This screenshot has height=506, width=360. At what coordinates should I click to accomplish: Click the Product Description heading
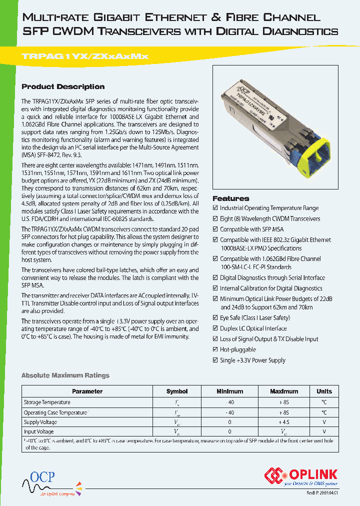pos(63,86)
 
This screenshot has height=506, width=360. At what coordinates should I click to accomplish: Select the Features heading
pos(231,198)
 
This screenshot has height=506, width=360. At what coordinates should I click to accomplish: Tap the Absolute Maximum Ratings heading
pos(65,375)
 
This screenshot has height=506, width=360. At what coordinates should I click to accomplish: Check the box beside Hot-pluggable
pos(215,349)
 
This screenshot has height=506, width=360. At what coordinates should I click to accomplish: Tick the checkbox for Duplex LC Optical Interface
pos(215,328)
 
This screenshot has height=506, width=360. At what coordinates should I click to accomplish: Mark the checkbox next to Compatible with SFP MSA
pos(215,229)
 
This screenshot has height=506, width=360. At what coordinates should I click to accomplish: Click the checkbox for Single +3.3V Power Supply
pos(215,360)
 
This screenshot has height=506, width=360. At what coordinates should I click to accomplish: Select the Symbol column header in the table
pos(177,391)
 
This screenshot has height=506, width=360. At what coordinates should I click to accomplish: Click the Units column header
pos(324,391)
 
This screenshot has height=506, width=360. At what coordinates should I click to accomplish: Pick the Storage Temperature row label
pos(47,402)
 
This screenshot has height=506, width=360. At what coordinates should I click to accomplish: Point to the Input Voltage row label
pos(39,431)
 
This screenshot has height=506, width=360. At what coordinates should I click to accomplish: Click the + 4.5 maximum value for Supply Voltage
pos(283,421)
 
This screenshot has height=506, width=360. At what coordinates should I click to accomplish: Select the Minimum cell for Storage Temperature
pos(229,402)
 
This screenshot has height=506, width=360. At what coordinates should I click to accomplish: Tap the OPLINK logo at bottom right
pos(302,475)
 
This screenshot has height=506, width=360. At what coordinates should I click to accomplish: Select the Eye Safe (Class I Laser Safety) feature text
pos(255,318)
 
